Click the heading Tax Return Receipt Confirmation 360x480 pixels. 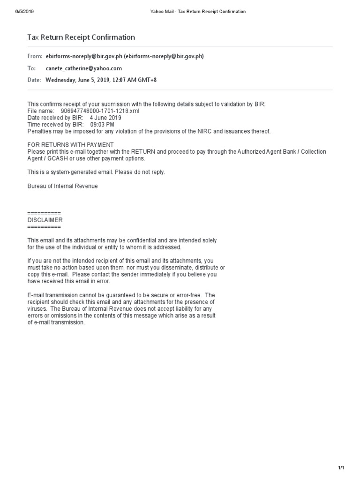pos(81,37)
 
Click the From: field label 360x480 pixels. pos(35,56)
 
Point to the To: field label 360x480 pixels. pos(31,68)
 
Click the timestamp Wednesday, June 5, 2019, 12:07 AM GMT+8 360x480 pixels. pos(101,80)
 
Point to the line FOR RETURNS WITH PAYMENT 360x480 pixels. pos(70,145)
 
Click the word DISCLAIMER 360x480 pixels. pos(45,220)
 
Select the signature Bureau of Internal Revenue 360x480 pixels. pos(63,186)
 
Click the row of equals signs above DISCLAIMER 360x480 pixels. pos(44,213)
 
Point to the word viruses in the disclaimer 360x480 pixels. pos(37,308)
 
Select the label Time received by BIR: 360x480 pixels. pos(55,125)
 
